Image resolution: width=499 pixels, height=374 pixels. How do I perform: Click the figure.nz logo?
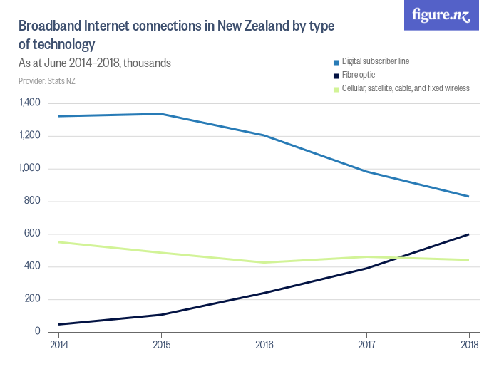[441, 16]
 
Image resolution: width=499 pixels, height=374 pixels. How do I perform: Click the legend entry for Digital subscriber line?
[375, 62]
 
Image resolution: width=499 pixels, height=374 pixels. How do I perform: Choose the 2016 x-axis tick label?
[264, 346]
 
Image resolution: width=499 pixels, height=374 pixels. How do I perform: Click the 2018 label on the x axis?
[469, 346]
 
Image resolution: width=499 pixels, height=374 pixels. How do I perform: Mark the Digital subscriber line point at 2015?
[160, 114]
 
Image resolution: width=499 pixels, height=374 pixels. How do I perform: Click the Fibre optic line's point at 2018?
[469, 234]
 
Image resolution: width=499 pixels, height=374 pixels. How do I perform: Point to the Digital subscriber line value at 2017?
[366, 172]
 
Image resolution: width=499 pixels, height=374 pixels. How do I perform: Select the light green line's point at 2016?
[264, 263]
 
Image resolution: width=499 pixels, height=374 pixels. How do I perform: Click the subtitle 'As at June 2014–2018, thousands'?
[94, 63]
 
